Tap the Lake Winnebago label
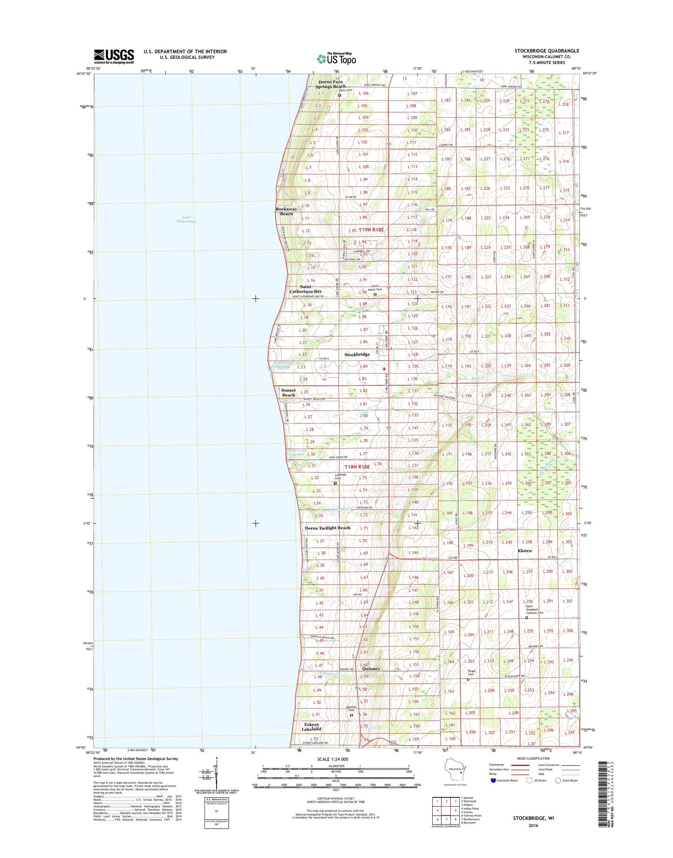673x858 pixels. [x=189, y=219]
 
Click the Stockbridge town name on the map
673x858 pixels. [x=357, y=354]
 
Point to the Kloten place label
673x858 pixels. [x=524, y=551]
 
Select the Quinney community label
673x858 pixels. [x=371, y=668]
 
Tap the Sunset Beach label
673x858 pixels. [x=288, y=392]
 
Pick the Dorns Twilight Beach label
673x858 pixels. [x=327, y=528]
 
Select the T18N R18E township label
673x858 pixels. [x=357, y=466]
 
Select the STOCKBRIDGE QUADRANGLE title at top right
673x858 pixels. [x=546, y=51]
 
